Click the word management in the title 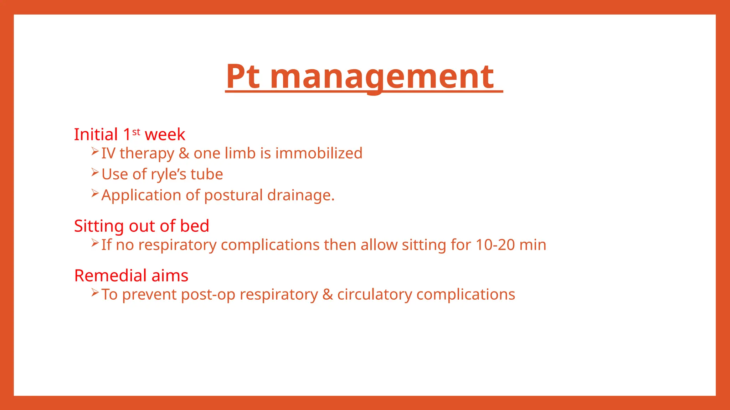(x=382, y=77)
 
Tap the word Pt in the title (x=243, y=77)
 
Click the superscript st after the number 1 (x=136, y=132)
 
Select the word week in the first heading (x=165, y=135)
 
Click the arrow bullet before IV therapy (x=95, y=151)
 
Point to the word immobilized (x=319, y=153)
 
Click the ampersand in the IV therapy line (x=184, y=153)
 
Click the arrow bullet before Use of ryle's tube (x=95, y=172)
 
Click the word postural (x=233, y=195)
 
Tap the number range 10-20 (x=495, y=245)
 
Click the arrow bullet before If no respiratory (x=95, y=243)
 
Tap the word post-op (x=208, y=295)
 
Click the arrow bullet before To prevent (x=95, y=293)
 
